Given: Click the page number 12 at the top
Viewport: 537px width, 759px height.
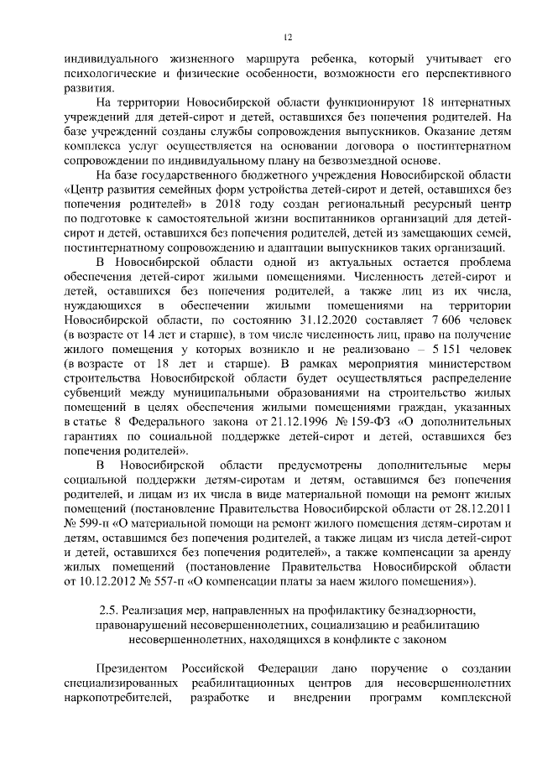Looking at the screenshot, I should [286, 37].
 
